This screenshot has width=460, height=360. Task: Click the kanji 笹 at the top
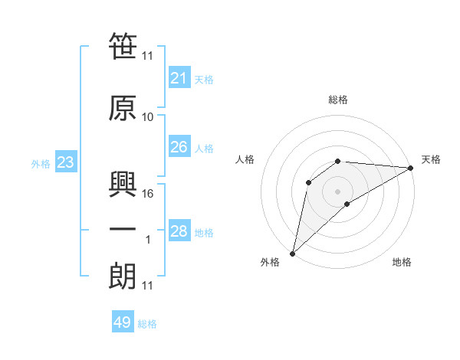click(x=123, y=46)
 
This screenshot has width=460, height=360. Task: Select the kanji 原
click(x=123, y=108)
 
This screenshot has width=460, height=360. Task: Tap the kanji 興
click(x=123, y=184)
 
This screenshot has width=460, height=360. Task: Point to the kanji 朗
click(x=123, y=277)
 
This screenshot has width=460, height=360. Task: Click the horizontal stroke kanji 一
click(x=123, y=229)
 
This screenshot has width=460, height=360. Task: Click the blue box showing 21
click(x=179, y=77)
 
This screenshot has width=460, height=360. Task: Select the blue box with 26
click(x=179, y=146)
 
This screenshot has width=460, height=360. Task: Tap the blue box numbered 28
click(x=179, y=230)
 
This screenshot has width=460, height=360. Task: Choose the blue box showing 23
click(x=66, y=162)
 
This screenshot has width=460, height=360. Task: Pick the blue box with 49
click(x=123, y=321)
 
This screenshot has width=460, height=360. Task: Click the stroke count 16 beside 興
click(x=147, y=194)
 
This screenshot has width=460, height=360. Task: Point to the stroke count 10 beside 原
click(x=147, y=117)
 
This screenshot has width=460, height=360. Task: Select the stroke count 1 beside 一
click(x=148, y=240)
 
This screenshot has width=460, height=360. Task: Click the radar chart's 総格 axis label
click(x=338, y=100)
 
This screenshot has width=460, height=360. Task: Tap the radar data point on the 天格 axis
click(x=411, y=168)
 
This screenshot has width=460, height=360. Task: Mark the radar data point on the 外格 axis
click(x=293, y=254)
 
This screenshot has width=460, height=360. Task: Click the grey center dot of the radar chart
click(x=337, y=191)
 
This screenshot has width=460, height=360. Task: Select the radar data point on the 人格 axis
click(x=309, y=182)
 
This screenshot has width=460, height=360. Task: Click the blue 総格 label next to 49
click(x=147, y=324)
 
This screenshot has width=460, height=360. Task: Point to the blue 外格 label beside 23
click(x=41, y=164)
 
